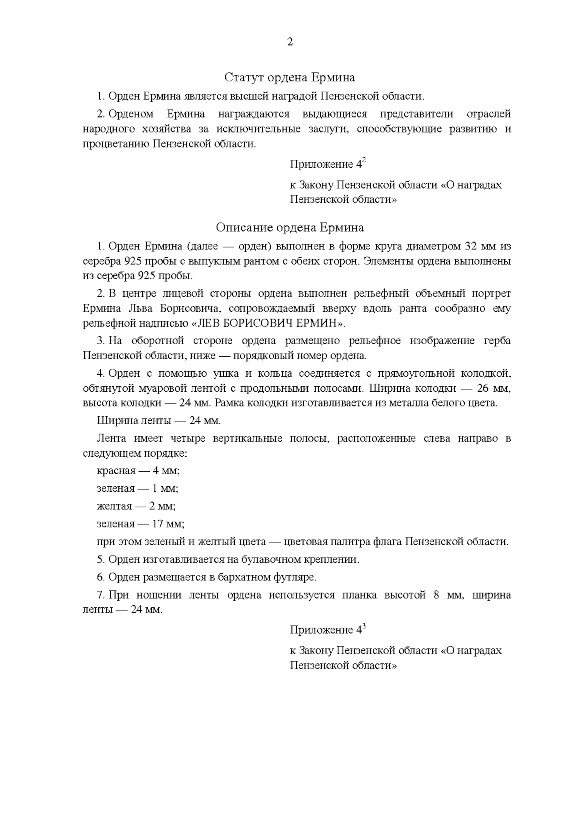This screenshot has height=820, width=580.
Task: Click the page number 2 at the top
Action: pos(290,42)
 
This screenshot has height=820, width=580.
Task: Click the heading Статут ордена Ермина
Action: pos(290,77)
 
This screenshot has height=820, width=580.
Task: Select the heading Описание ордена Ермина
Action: pos(290,228)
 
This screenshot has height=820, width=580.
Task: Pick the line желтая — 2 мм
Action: pos(136,506)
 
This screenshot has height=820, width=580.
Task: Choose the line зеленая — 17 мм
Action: pos(140,524)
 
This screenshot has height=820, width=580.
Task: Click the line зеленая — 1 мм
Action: pos(137,489)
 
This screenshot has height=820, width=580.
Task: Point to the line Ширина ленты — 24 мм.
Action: pos(159,420)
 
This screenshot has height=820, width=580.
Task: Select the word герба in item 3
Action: pos(497,341)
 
